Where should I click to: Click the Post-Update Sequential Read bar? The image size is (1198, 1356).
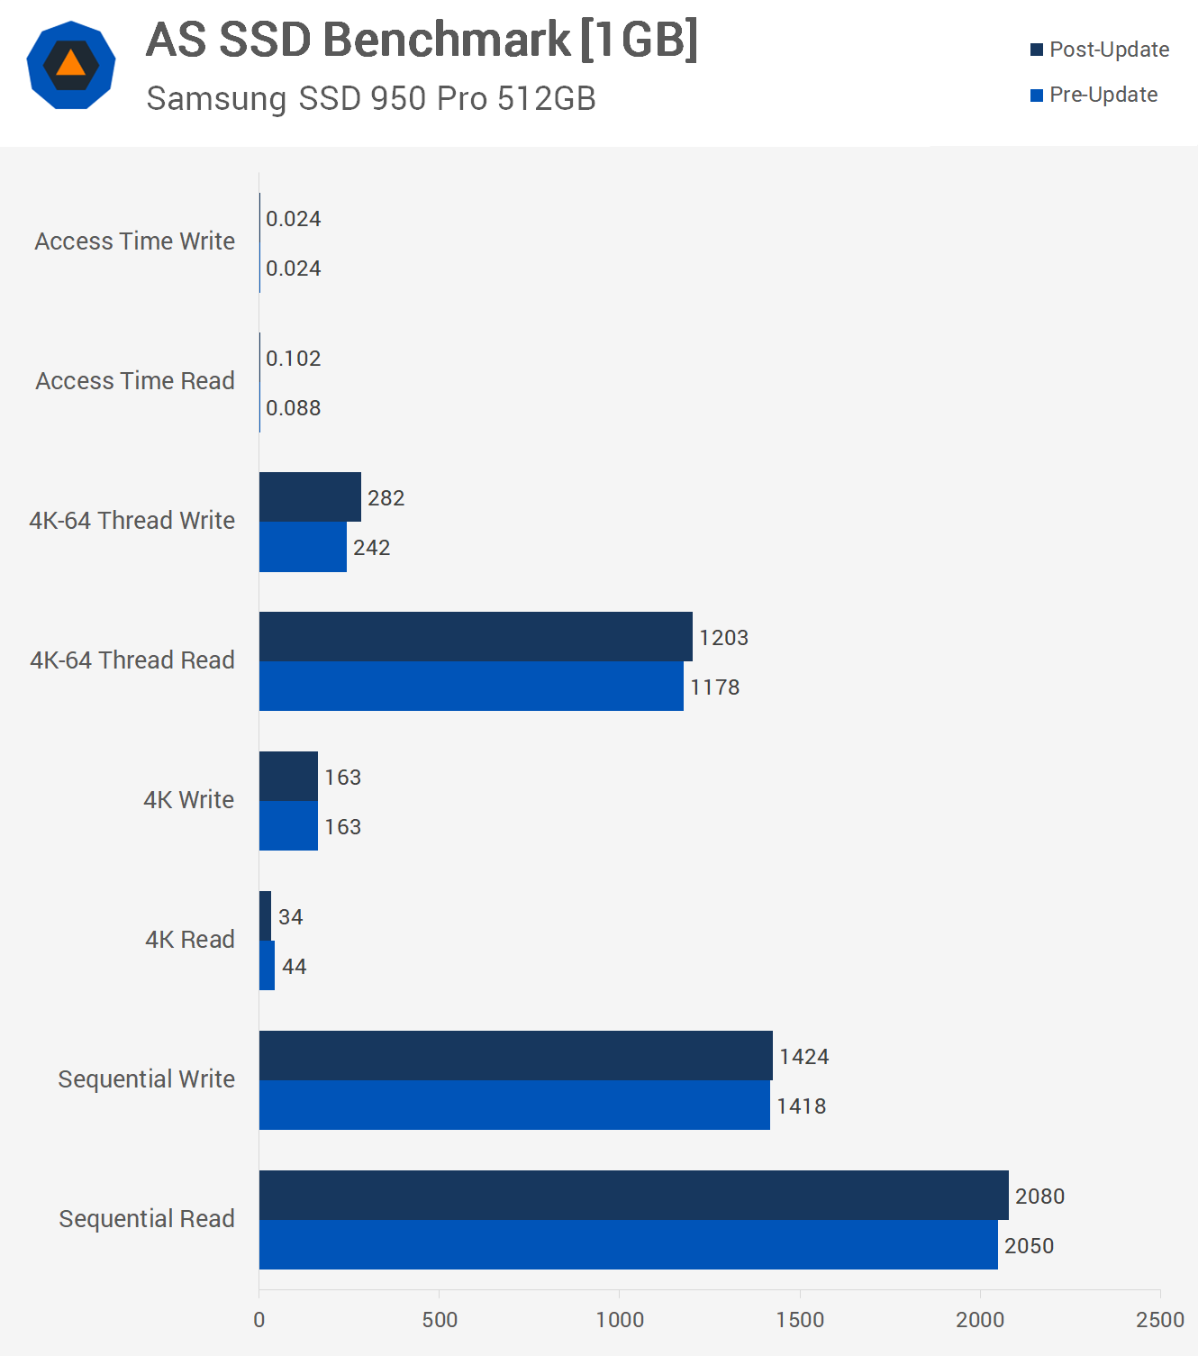(633, 1195)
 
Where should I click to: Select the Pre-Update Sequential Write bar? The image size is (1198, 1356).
(514, 1105)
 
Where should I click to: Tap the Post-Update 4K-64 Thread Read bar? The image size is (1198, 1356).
(476, 636)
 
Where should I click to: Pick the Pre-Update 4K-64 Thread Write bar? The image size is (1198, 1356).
(303, 547)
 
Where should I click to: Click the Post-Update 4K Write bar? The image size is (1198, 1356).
(288, 776)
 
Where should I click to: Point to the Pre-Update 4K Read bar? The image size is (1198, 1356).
(267, 965)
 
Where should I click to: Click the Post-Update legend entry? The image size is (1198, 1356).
(1100, 50)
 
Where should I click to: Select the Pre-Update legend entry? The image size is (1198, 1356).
(1094, 95)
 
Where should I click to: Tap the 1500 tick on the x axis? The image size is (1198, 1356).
(800, 1320)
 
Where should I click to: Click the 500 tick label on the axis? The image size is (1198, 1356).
(440, 1320)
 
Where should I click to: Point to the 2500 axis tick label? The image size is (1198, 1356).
(1159, 1320)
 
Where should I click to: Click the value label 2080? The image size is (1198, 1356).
(1039, 1196)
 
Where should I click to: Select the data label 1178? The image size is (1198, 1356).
(714, 687)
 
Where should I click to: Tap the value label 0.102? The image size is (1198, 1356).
(293, 358)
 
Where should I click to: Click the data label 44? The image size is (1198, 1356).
(294, 966)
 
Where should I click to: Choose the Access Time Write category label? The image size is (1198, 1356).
(135, 241)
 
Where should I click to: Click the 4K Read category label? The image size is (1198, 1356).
(189, 939)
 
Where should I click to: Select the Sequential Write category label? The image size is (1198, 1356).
(146, 1078)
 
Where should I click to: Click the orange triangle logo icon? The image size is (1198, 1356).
(71, 64)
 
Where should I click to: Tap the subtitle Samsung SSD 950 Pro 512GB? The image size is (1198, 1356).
(371, 98)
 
